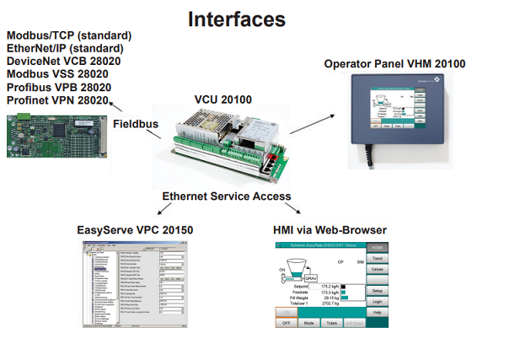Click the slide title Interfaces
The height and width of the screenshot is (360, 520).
pos(236,19)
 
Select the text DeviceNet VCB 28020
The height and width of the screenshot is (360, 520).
pos(63,62)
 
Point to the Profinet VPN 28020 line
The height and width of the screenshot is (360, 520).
pos(58,100)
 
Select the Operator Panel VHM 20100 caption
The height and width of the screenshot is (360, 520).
pos(394,63)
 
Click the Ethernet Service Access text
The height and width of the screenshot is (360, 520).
pos(226,196)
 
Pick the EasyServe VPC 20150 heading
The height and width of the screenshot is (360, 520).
pos(136,229)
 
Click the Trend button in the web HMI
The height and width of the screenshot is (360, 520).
pos(378,257)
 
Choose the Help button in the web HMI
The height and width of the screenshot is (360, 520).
pos(378,312)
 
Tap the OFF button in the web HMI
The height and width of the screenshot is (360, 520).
pos(286,323)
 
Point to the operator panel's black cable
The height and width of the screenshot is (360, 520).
pos(369,156)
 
